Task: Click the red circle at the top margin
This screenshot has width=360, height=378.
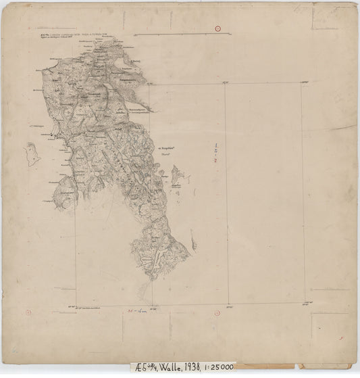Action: tap(217, 28)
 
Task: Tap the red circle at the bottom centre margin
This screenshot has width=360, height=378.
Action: tap(215, 312)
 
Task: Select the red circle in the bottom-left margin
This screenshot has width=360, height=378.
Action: tap(28, 312)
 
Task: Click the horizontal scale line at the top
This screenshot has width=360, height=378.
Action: tap(172, 33)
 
